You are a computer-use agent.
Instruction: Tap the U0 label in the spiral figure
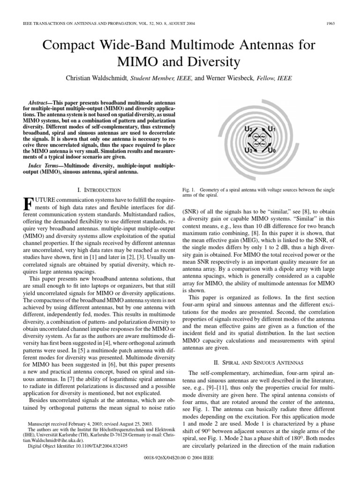tap(272, 150)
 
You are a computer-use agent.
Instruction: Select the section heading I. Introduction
tap(98, 190)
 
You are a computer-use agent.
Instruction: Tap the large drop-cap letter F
tap(28, 205)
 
